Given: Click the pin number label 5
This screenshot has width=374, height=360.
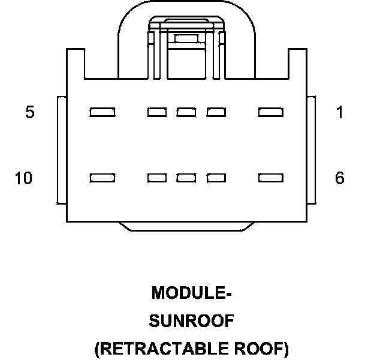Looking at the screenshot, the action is [29, 112].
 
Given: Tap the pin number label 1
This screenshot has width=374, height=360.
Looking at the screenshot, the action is [340, 112].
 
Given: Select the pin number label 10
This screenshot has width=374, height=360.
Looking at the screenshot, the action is [23, 178].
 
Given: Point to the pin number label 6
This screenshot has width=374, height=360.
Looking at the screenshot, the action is [340, 178].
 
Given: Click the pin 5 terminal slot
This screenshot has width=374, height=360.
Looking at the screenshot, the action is [102, 112].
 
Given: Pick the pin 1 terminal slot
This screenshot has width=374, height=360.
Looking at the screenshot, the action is [270, 112].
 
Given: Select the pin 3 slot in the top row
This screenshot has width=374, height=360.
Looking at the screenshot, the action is [186, 112].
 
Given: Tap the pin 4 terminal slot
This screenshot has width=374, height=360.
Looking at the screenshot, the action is [157, 112].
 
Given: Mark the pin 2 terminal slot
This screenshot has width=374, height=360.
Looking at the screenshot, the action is [216, 112].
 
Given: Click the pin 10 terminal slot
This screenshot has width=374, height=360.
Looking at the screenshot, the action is [102, 178].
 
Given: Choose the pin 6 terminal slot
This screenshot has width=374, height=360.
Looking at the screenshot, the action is [270, 178].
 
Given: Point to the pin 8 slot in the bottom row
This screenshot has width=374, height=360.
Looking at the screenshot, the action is [186, 178].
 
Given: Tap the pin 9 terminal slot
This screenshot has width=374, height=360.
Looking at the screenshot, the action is [157, 178].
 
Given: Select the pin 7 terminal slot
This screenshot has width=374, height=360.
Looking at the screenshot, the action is [216, 178].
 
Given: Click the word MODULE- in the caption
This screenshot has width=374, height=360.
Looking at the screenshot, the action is [191, 293].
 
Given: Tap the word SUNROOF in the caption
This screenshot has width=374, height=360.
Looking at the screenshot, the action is [191, 321].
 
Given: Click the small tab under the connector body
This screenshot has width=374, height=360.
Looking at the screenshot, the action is [186, 226].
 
